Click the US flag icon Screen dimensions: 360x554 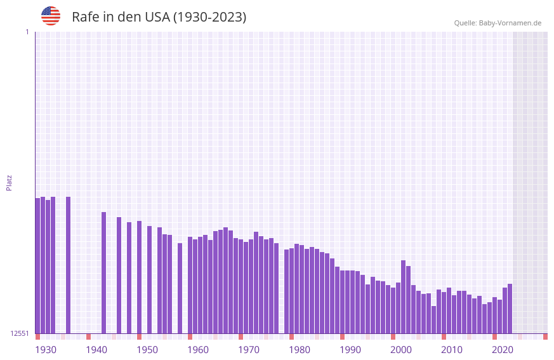(51, 16)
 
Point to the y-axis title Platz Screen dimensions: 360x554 (9, 182)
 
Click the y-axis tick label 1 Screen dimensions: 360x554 (27, 32)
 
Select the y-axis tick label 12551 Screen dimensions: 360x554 (20, 333)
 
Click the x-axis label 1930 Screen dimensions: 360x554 (46, 350)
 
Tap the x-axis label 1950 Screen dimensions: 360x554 (147, 350)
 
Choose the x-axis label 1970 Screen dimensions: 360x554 (249, 350)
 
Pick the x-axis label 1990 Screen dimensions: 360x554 (350, 350)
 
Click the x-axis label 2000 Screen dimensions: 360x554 (401, 350)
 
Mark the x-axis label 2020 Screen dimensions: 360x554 (503, 350)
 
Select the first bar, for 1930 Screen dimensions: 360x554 (37, 267)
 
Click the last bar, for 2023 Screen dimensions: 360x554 (510, 309)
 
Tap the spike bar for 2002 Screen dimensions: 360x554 (403, 297)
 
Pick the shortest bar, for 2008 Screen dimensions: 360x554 (433, 319)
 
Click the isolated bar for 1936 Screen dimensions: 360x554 (68, 265)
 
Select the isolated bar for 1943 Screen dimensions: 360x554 (103, 273)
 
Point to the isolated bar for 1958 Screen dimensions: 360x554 (180, 288)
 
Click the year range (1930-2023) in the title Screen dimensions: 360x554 (209, 17)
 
